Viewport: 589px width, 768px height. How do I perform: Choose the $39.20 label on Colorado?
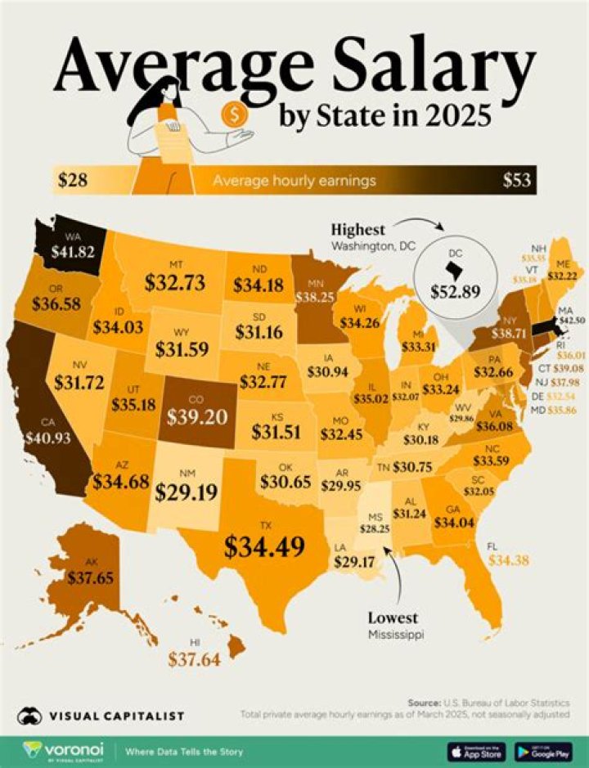point(196,417)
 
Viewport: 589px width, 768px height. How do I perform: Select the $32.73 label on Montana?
point(175,283)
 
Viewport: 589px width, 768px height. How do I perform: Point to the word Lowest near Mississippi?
point(393,618)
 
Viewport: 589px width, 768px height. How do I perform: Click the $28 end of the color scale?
point(74,180)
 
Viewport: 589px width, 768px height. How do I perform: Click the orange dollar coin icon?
point(236,111)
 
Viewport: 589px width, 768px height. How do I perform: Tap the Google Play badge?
point(543,749)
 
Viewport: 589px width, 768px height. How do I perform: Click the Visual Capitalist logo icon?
point(30,715)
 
